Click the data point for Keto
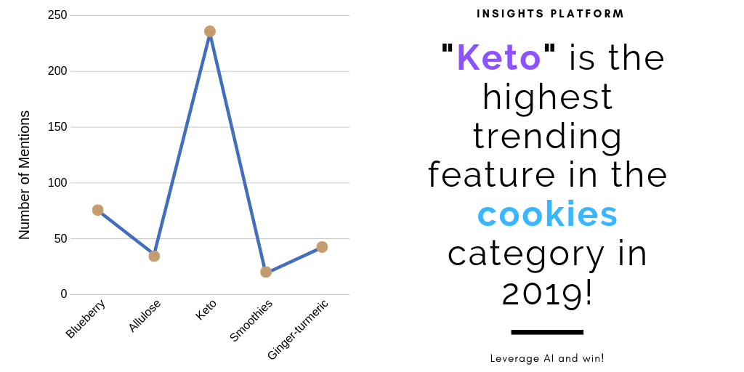(210, 31)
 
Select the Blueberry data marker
(98, 210)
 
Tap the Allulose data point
(154, 256)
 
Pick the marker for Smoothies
(266, 272)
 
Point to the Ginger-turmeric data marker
(322, 247)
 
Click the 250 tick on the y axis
(58, 16)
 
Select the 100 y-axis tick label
(58, 182)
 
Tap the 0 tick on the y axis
(64, 294)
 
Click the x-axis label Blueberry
(86, 318)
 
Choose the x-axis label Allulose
(145, 315)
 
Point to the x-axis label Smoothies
(251, 320)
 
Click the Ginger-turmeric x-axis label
(298, 329)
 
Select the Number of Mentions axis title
(25, 175)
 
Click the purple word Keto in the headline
(498, 57)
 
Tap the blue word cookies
(547, 214)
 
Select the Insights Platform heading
(551, 14)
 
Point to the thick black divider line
(547, 332)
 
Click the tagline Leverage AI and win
(547, 358)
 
